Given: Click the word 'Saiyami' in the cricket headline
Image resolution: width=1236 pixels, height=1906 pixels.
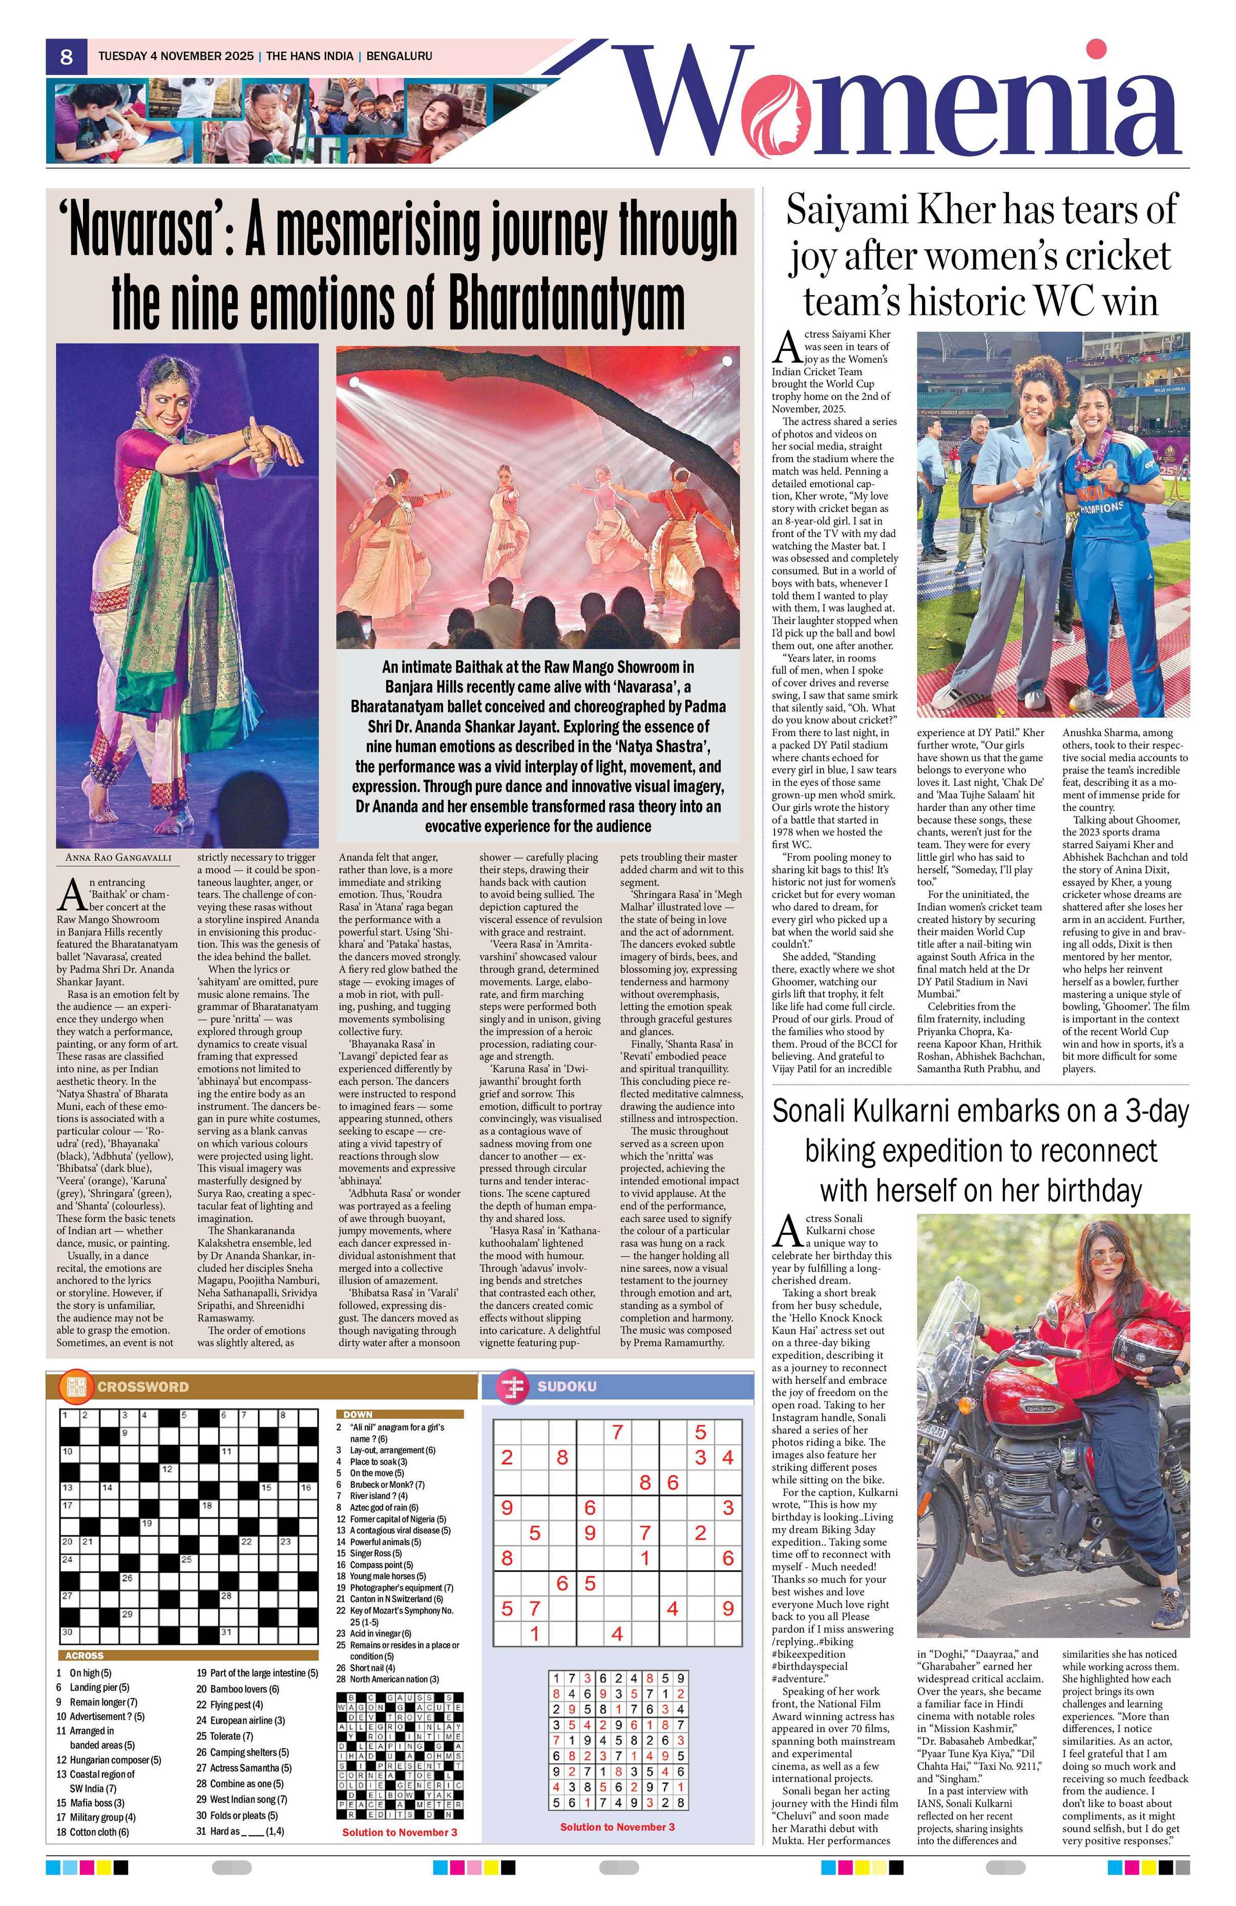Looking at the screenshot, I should pos(845,210).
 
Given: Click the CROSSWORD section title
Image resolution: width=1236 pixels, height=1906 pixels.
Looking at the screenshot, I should pos(142,1386).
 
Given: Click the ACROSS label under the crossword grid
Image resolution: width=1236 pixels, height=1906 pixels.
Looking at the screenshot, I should pos(84,1655).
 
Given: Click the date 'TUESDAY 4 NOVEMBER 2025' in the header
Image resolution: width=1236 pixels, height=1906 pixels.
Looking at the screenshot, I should pos(175,56).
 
